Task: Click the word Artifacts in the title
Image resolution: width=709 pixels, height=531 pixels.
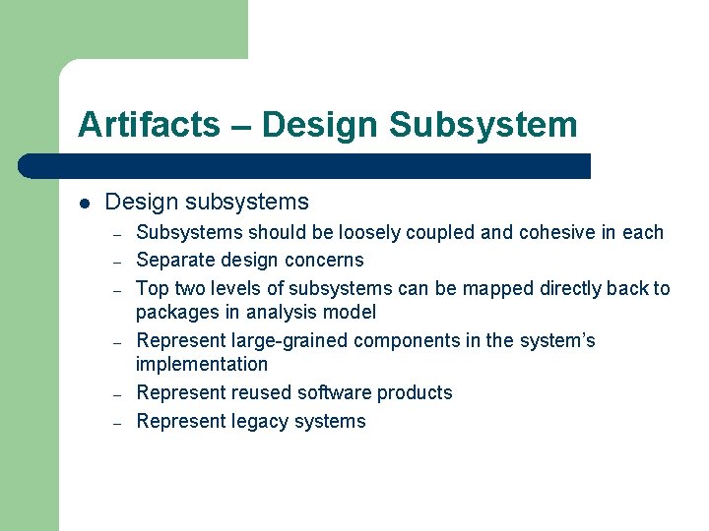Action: click(x=149, y=125)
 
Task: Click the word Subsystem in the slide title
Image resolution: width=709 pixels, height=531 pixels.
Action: click(x=483, y=125)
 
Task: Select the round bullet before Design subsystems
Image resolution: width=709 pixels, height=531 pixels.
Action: click(x=86, y=204)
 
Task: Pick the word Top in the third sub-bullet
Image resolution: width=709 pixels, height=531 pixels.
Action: click(x=152, y=289)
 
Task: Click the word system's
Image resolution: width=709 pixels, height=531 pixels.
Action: click(x=556, y=341)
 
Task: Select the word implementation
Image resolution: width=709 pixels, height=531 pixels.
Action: click(x=202, y=365)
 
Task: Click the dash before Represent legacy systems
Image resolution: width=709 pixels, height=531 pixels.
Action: click(x=116, y=423)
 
